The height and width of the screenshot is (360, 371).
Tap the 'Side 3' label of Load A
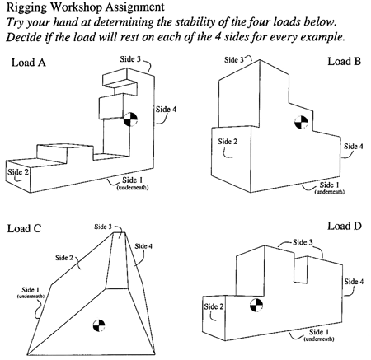[141, 60]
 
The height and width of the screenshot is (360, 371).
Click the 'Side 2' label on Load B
[228, 141]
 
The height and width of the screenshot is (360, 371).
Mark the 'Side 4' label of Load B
[353, 147]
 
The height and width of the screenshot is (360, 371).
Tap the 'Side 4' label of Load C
[143, 245]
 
